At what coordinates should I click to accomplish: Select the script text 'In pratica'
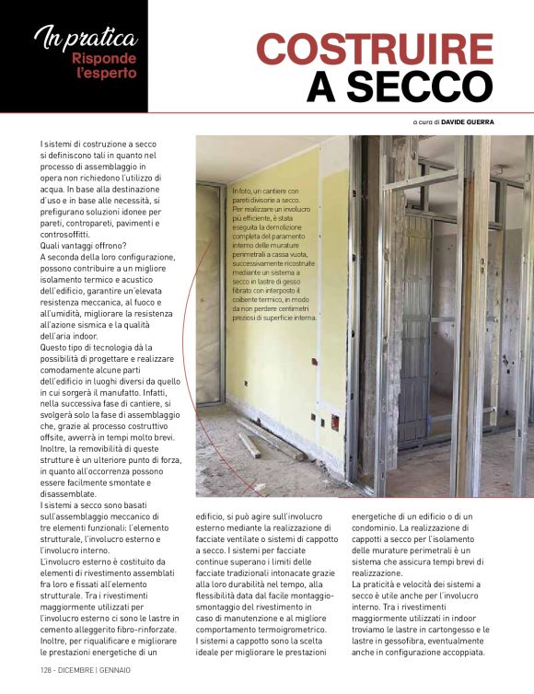85,39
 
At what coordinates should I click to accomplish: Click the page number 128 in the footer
47,670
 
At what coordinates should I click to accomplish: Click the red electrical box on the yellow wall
335,424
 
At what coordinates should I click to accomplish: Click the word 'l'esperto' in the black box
107,73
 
